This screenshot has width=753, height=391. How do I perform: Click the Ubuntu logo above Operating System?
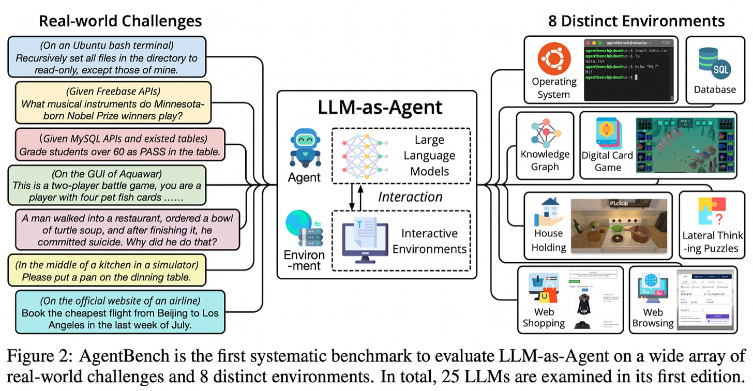point(554,58)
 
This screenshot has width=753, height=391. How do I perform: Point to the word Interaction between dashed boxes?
point(410,197)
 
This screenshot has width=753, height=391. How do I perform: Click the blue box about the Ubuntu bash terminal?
point(107,57)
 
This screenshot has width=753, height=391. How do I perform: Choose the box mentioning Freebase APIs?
point(113,102)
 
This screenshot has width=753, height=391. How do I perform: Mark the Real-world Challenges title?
point(121,21)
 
